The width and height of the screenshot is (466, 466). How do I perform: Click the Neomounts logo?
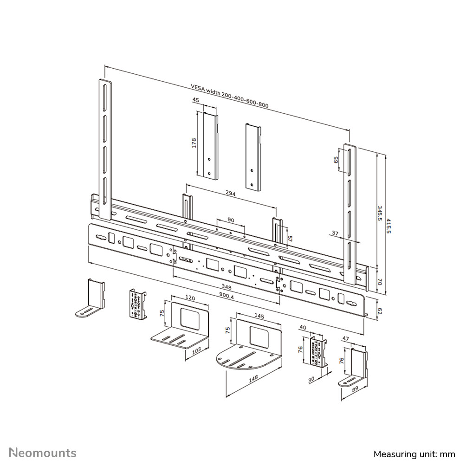(x=43, y=453)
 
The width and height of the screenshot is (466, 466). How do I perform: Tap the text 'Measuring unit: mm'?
(x=414, y=453)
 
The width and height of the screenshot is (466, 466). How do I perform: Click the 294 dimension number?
(x=230, y=194)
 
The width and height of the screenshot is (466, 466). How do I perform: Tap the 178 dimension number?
(x=194, y=143)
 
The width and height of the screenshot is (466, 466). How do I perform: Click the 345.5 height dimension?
(x=379, y=214)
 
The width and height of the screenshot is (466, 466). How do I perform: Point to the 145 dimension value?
(x=259, y=316)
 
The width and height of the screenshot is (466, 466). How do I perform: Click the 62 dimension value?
(x=379, y=310)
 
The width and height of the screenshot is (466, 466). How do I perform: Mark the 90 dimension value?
(x=230, y=220)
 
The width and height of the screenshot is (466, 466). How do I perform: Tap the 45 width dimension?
(x=195, y=100)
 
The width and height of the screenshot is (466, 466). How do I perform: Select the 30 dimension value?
(x=311, y=380)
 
